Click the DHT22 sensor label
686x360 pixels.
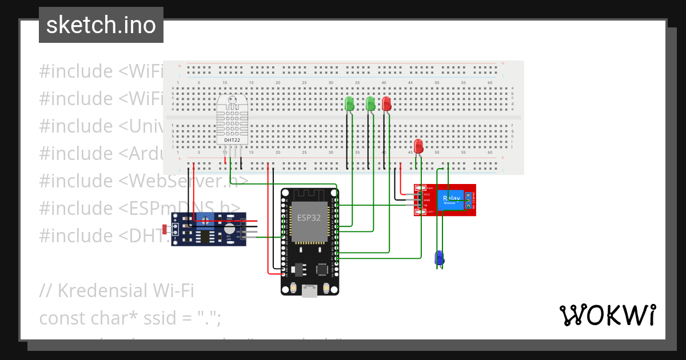(232, 139)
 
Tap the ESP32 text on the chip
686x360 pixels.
(309, 217)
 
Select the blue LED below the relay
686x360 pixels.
(439, 257)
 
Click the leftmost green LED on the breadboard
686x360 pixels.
(350, 103)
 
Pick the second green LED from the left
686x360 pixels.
(370, 103)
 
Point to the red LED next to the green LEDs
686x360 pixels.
(386, 103)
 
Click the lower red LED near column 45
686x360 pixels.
(418, 146)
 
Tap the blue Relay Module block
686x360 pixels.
(452, 200)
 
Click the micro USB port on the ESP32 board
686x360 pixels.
(310, 291)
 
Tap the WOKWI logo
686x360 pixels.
(607, 315)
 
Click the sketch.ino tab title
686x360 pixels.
(101, 25)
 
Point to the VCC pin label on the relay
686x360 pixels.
(426, 194)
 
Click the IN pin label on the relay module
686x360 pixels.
(425, 205)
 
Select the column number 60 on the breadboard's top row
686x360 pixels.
(490, 83)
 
